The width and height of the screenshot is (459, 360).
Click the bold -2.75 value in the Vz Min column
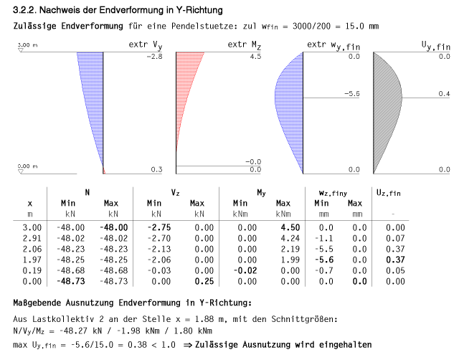[158, 226]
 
